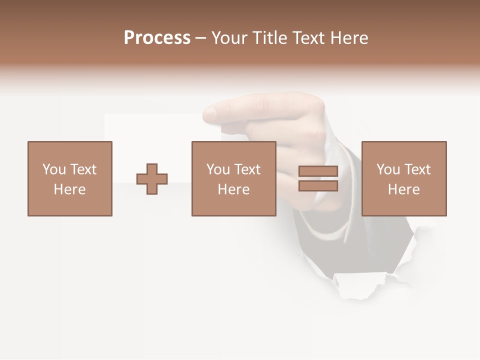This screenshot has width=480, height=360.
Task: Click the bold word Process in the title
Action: click(157, 38)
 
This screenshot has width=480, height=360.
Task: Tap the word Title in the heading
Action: click(270, 38)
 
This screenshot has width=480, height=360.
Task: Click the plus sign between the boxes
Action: click(152, 179)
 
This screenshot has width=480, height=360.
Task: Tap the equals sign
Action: click(318, 178)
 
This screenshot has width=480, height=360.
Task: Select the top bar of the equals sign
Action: click(318, 171)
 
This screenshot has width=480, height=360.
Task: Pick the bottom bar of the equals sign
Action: click(318, 186)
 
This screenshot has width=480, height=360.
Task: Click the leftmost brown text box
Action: click(70, 178)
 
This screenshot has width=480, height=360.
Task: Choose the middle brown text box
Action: click(233, 178)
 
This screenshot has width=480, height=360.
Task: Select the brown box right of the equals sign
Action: click(403, 178)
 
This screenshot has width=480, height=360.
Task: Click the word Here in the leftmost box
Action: click(70, 189)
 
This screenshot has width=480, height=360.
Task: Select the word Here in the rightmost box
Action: click(403, 189)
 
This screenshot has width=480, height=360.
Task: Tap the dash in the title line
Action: click(201, 38)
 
